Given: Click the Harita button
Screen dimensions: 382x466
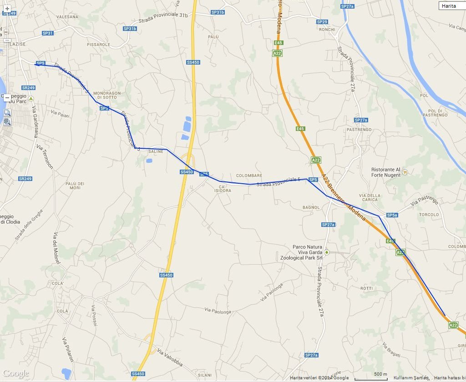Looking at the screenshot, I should tap(452, 6).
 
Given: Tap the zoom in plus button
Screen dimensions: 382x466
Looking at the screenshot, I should tap(7, 9).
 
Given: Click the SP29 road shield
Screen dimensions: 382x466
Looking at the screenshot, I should tap(322, 22).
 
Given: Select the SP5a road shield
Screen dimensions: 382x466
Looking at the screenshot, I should tap(392, 215).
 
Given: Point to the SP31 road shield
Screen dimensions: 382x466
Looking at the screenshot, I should tap(47, 33).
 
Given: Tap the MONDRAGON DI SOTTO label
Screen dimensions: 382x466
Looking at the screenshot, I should tap(107, 95).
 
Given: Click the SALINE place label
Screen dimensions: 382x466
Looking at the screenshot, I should tap(156, 152).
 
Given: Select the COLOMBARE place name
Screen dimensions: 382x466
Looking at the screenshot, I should tap(249, 176).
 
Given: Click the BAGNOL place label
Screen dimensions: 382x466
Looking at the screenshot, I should tap(311, 207).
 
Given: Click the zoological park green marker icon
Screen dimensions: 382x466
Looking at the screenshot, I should tap(326, 252).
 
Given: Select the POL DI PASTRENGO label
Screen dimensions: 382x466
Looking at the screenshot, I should tap(438, 113).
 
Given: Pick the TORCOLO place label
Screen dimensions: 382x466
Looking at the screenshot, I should tap(429, 215).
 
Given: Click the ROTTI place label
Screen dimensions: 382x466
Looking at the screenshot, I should tap(366, 288).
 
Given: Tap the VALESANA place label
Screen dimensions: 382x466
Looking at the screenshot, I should tap(67, 17).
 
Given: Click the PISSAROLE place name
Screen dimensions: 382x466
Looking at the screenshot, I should tap(98, 45).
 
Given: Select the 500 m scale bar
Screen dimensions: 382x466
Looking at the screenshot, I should tap(371, 377).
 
